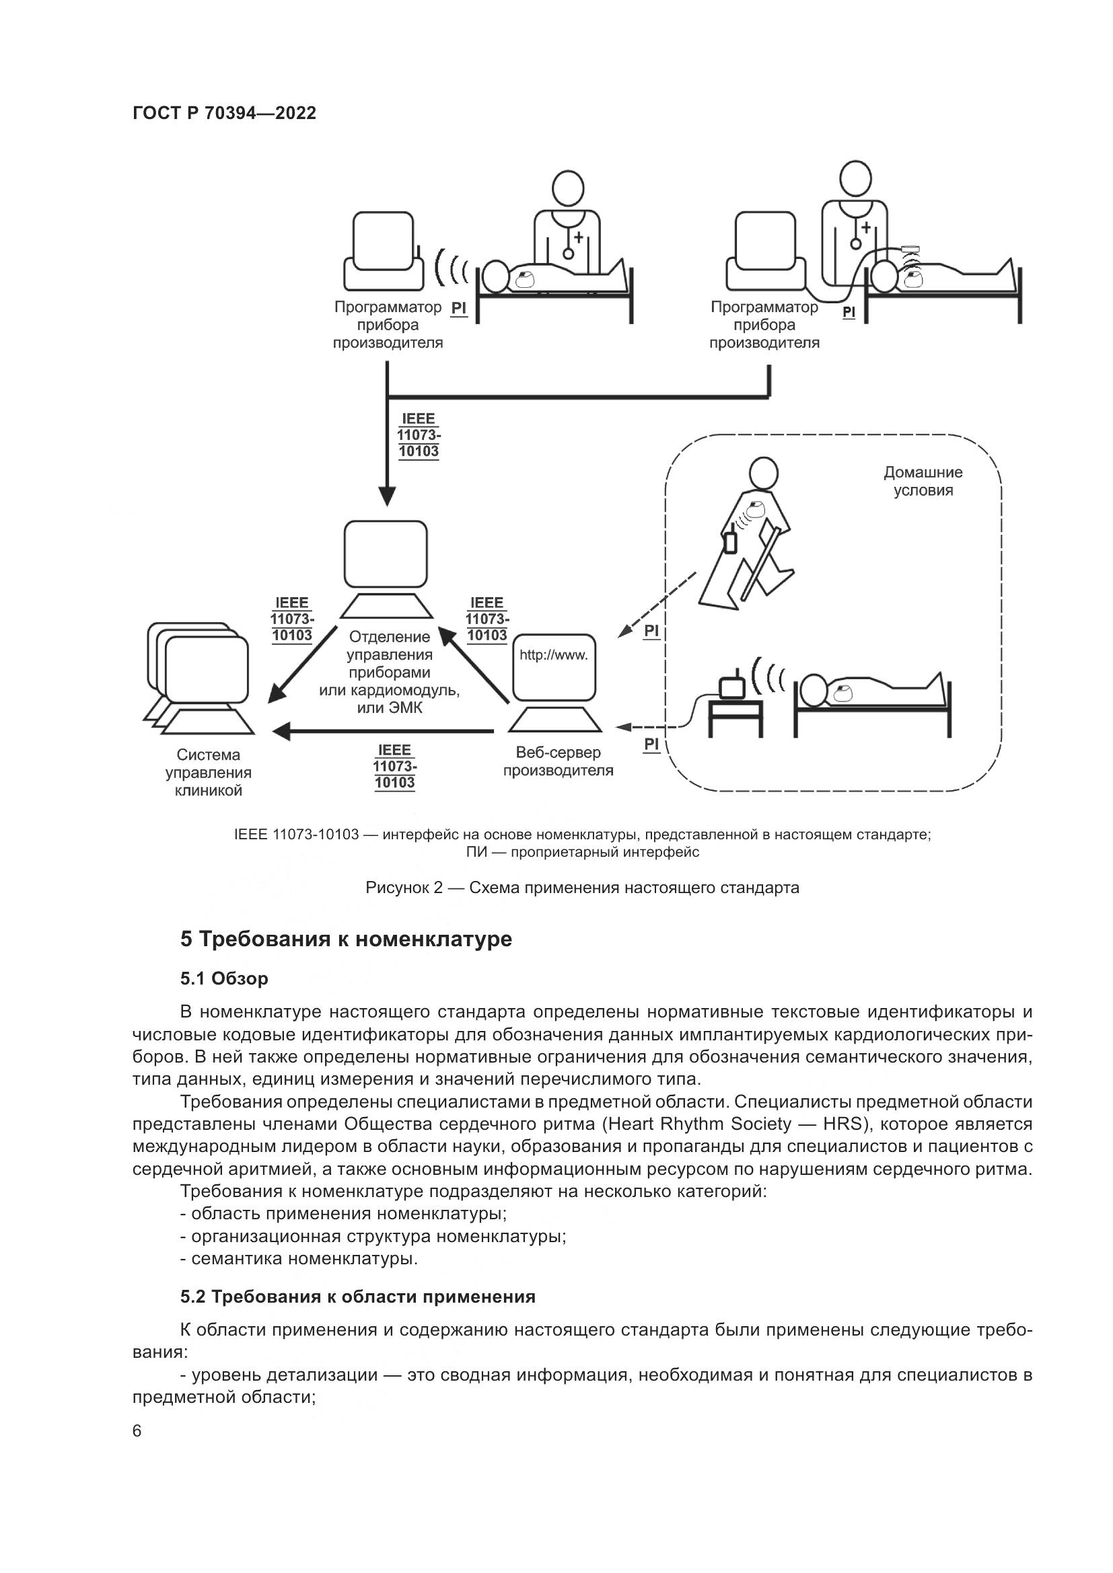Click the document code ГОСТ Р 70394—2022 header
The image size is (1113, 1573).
224,113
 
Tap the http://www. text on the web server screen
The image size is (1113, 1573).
553,655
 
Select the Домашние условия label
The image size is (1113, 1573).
923,481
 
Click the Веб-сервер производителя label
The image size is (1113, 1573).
558,761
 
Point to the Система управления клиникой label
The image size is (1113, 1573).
209,773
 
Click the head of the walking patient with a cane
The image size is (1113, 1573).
762,473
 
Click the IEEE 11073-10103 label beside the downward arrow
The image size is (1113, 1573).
418,435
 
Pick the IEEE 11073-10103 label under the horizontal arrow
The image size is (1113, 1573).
395,767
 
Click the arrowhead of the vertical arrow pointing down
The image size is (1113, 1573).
387,496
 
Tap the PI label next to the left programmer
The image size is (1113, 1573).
458,308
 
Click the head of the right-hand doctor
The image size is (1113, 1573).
856,180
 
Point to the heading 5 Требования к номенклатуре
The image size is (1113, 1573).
346,939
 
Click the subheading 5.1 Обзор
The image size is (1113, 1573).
224,979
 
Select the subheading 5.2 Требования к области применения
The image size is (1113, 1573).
358,1297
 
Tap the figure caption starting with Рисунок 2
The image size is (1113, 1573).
582,888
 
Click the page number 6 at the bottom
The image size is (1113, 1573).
137,1431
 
